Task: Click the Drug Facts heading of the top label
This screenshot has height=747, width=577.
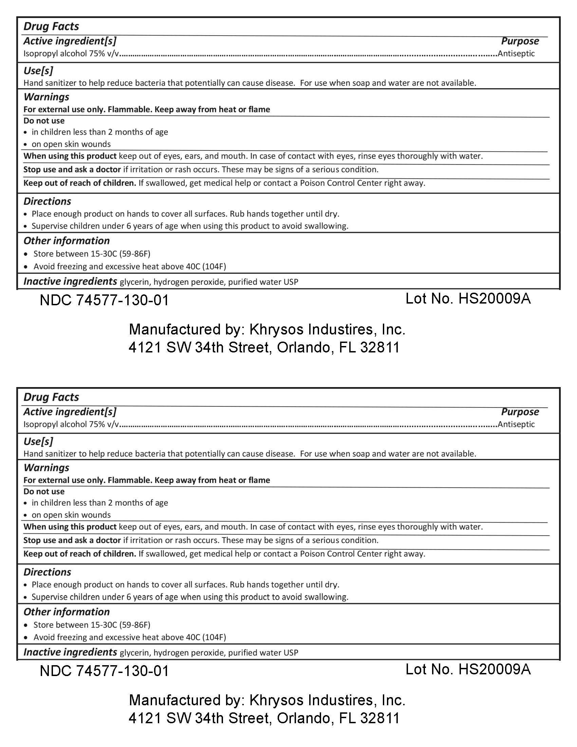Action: [x=51, y=26]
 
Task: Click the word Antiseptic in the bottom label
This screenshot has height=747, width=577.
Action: [x=516, y=424]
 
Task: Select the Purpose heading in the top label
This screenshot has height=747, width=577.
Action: [x=520, y=41]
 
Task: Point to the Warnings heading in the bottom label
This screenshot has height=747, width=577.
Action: [x=46, y=468]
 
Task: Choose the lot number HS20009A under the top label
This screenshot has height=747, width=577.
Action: [x=494, y=299]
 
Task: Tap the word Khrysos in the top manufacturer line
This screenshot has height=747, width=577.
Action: [x=277, y=329]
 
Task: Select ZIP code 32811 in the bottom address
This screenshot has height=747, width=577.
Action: [x=380, y=718]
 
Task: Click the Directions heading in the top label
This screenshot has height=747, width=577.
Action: [x=47, y=201]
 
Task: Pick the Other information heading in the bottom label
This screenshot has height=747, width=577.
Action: [x=66, y=612]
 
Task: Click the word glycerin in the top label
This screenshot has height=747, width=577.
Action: [x=135, y=282]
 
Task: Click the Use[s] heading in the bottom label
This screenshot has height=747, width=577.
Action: [x=38, y=441]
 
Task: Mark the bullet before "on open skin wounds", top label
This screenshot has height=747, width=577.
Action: [x=26, y=144]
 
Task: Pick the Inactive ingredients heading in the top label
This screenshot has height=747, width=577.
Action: [x=70, y=281]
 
